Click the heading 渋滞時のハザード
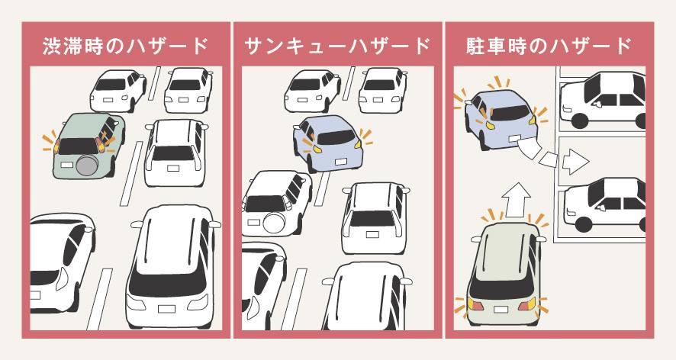tap(125, 46)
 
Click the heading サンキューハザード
tap(337, 46)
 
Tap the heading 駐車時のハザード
tap(549, 46)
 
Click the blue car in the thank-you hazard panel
tap(329, 143)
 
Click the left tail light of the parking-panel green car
tap(476, 305)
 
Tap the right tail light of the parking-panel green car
tap(526, 304)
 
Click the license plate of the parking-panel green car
tap(501, 310)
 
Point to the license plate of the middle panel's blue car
tap(341, 162)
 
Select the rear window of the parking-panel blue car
tap(510, 113)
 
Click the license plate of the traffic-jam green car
tap(67, 165)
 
